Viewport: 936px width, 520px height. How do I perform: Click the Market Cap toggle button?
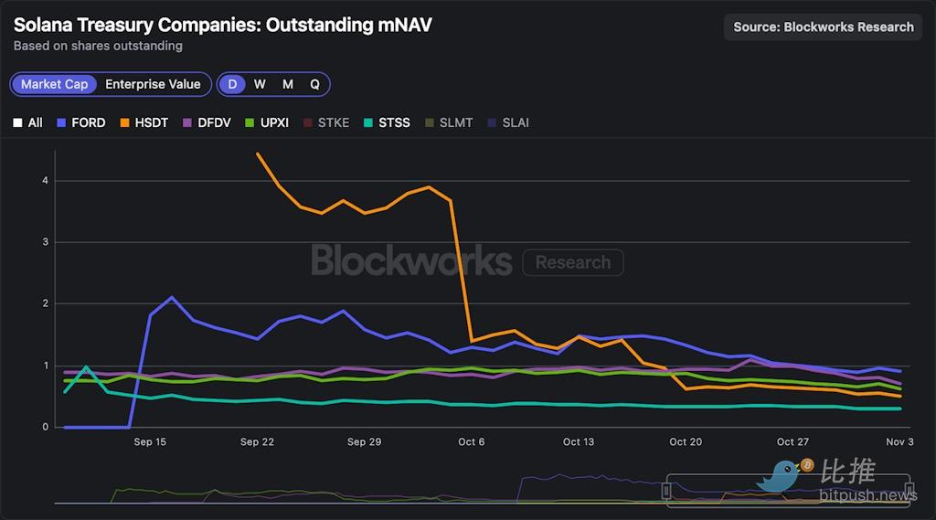point(55,84)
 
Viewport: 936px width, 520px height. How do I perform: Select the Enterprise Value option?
point(153,84)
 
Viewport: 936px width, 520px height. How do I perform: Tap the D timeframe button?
point(232,84)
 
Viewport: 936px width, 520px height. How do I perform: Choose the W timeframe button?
point(260,84)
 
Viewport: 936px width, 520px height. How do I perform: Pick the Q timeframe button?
point(314,84)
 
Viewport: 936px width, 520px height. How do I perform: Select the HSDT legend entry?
point(144,122)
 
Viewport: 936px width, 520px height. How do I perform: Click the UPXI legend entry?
point(266,122)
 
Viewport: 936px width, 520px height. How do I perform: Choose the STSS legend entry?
point(387,122)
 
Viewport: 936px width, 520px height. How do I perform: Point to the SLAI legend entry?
point(508,122)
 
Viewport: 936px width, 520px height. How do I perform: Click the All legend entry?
point(28,122)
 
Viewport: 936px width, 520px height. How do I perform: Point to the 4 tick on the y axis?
point(45,180)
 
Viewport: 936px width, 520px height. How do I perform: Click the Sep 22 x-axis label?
point(257,442)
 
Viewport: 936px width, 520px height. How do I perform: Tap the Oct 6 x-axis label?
point(472,442)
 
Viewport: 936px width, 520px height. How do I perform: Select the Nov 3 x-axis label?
point(899,442)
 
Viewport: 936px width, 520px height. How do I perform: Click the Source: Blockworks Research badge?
point(824,27)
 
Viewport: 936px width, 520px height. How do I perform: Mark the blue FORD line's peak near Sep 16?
point(172,297)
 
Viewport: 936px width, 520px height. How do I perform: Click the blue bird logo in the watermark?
point(782,475)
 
